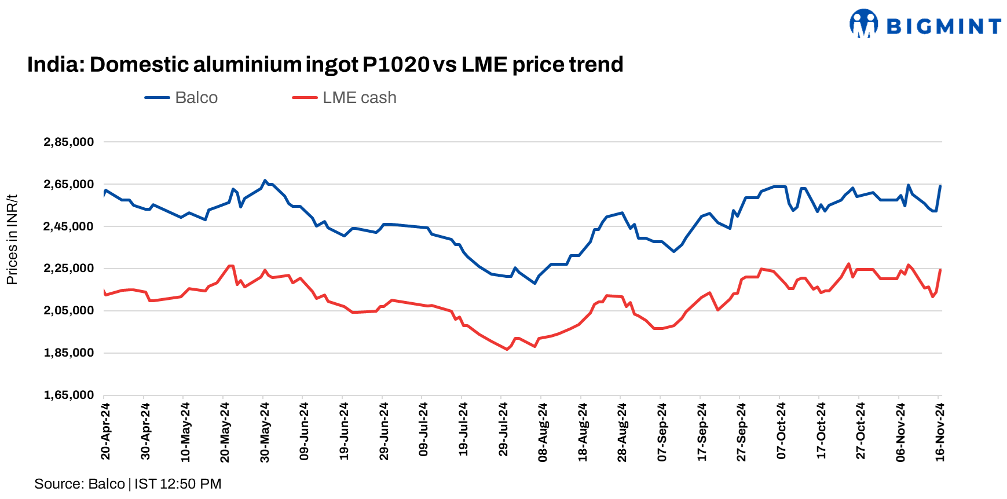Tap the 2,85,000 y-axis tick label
point(69,142)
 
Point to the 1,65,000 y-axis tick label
point(69,395)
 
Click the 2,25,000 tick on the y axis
point(69,269)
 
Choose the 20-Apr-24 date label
point(105,431)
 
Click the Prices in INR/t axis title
point(12,240)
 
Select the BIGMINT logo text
point(944,27)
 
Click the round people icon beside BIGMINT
point(863,24)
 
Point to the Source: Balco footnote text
point(79,484)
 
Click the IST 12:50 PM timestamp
point(178,484)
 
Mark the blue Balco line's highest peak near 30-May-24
point(265,181)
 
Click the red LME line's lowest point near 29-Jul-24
point(507,349)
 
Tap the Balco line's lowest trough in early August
point(534,283)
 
